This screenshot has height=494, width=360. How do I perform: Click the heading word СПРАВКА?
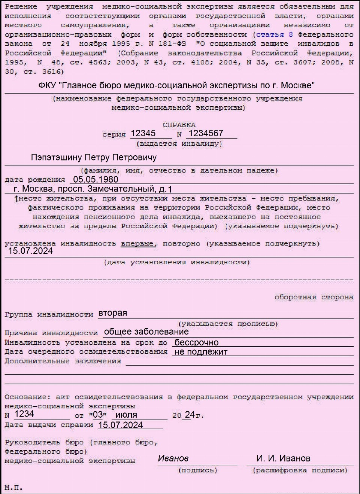point(179,125)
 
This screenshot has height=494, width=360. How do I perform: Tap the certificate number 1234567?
point(206,133)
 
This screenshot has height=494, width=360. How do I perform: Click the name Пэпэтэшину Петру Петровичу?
point(94,157)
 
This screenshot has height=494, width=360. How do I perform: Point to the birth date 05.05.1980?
point(96,180)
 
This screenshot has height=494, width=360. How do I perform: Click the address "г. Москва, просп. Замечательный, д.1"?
point(93,189)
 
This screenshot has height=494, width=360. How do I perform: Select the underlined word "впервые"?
point(137,244)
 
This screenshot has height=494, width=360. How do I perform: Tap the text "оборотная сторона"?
point(314,297)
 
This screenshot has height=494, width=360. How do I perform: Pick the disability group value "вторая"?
point(112,313)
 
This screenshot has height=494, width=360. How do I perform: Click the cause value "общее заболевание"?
point(146,332)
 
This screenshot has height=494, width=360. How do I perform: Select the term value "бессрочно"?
point(196,342)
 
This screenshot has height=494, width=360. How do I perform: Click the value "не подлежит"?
point(201,352)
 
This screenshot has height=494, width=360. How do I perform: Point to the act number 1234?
point(24,414)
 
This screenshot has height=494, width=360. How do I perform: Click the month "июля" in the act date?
point(126,415)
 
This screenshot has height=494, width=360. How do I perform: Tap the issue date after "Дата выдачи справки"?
point(120,425)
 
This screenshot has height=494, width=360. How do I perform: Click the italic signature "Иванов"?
point(173,458)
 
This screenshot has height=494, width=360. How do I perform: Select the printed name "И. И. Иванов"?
point(283,458)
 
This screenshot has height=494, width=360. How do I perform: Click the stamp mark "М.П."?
point(13,488)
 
